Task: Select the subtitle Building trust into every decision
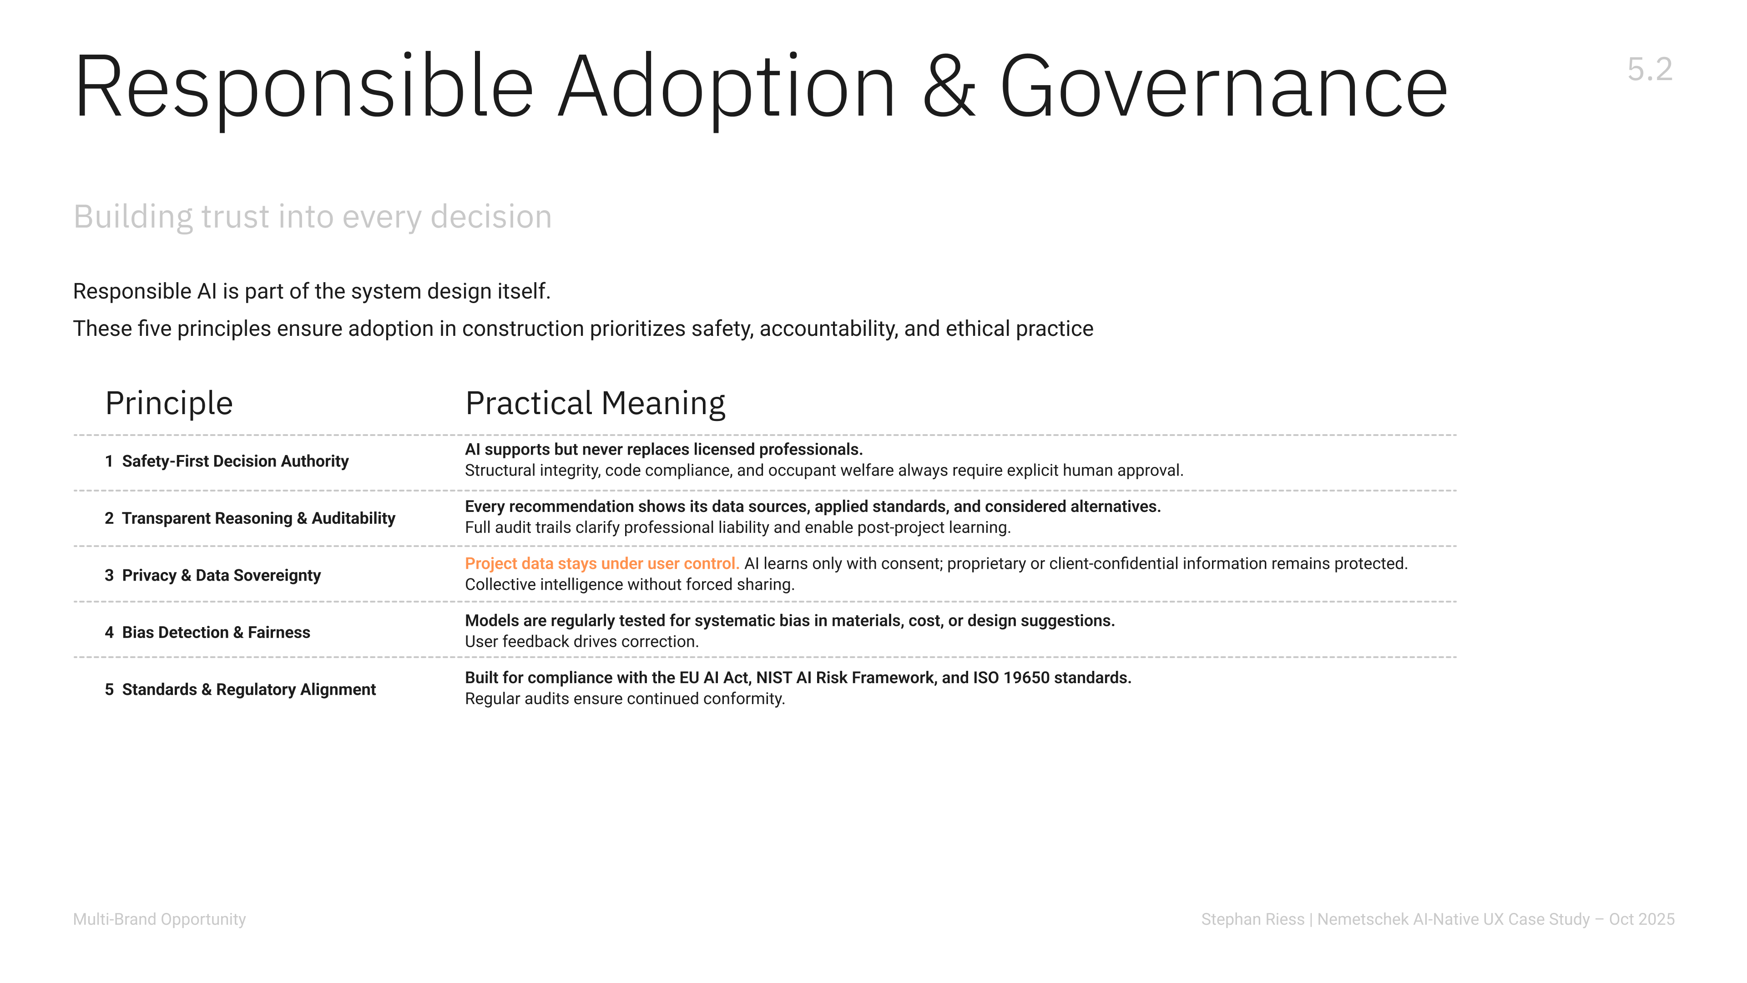click(x=312, y=217)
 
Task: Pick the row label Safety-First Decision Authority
click(x=235, y=461)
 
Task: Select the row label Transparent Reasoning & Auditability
click(x=258, y=518)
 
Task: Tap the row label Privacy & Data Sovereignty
click(x=221, y=575)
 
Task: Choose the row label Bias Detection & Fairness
click(x=216, y=632)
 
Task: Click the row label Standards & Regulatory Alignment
click(x=248, y=689)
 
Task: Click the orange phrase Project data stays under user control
click(x=601, y=564)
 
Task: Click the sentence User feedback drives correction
click(x=581, y=642)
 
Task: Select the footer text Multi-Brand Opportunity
click(x=159, y=919)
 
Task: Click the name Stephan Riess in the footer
click(x=1252, y=919)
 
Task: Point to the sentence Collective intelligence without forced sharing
click(x=629, y=585)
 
